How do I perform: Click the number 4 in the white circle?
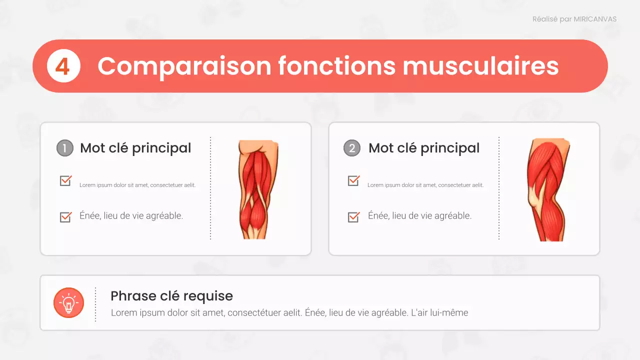tap(63, 66)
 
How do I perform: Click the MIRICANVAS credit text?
tap(574, 19)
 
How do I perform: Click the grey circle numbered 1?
tap(64, 148)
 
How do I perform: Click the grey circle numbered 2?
tap(352, 148)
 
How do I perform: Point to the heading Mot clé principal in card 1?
tap(135, 148)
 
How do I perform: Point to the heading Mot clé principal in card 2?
tap(424, 148)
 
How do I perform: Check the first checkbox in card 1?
tap(65, 180)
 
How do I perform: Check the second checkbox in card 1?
tap(65, 216)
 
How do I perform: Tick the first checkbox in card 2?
tap(353, 180)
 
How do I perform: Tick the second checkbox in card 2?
tap(353, 216)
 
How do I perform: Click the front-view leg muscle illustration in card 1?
tap(257, 189)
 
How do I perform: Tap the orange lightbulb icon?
tap(68, 302)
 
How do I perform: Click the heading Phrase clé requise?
tap(171, 295)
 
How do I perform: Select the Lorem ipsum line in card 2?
tap(425, 185)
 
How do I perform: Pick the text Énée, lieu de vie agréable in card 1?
tap(131, 216)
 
